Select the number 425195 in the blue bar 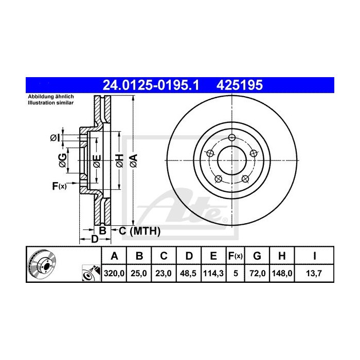(x=241, y=85)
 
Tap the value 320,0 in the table (x=115, y=274)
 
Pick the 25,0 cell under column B (x=139, y=274)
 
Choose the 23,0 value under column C (x=163, y=274)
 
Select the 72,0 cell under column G (x=258, y=274)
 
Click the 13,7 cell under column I (x=314, y=274)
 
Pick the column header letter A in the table (x=115, y=256)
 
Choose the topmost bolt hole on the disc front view (x=232, y=137)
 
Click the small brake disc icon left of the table (x=43, y=264)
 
